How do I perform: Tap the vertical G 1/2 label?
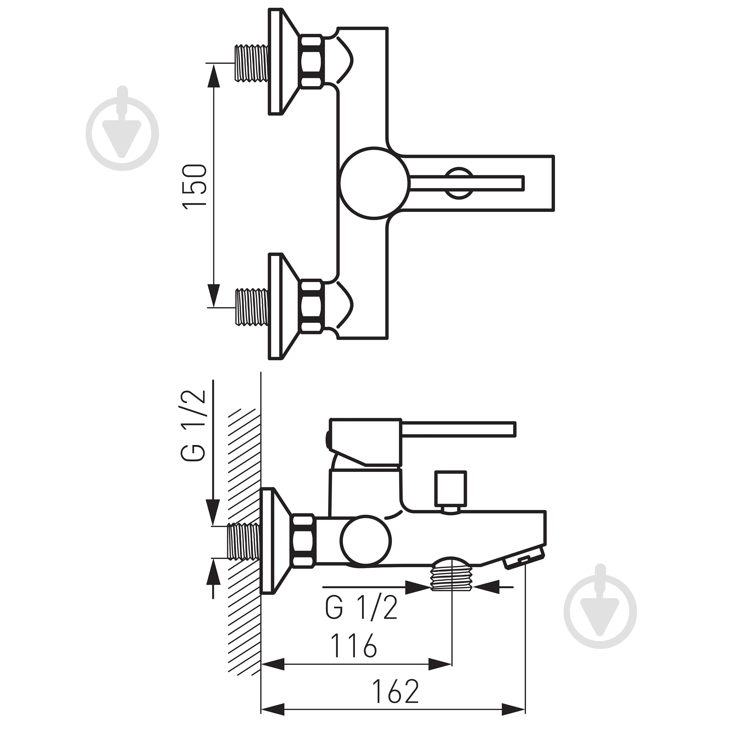tap(194, 426)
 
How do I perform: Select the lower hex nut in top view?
tap(312, 307)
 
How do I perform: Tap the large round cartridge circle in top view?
tap(375, 183)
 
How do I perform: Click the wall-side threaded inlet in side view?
tap(244, 542)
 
